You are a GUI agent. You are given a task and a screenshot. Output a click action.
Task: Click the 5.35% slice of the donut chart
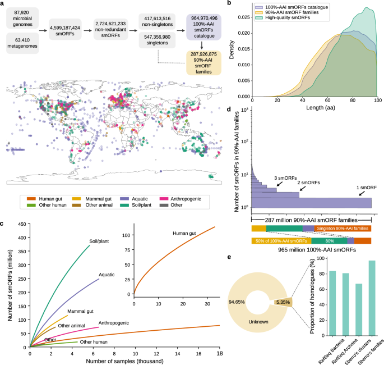tap(281, 302)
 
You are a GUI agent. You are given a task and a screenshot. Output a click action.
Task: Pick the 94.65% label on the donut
tap(237, 302)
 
